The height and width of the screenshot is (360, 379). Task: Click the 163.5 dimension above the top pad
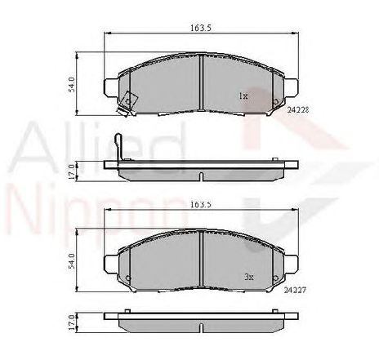pos(202,27)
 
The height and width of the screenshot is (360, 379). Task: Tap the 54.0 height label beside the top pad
pos(72,85)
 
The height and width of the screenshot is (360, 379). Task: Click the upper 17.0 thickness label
pos(72,170)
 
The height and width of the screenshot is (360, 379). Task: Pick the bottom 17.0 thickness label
pos(72,322)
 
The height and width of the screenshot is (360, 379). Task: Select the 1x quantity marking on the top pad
pos(243,96)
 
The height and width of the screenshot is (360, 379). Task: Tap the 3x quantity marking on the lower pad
pos(248,278)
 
